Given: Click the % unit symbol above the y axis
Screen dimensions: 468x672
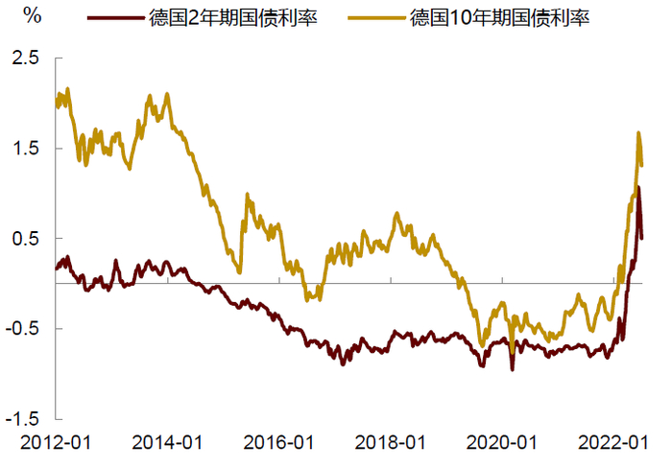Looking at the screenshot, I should [31, 16].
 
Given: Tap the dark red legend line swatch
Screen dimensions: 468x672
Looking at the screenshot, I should [114, 17].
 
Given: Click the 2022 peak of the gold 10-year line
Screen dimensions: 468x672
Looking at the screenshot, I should [638, 133].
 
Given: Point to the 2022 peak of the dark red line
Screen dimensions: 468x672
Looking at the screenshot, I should [638, 188].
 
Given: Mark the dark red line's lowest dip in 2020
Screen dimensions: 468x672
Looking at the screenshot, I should [512, 369].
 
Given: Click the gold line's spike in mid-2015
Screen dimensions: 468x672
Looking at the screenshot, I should [248, 195].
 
